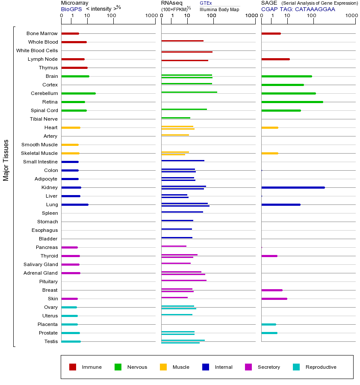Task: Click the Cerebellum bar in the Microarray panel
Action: pyautogui.click(x=78, y=93)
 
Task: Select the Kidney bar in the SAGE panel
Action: pyautogui.click(x=293, y=187)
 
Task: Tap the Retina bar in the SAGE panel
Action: pyautogui.click(x=292, y=102)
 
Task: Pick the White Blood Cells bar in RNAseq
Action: pyautogui.click(x=187, y=52)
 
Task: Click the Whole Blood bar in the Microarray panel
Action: pyautogui.click(x=74, y=42)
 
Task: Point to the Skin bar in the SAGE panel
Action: pyautogui.click(x=274, y=299)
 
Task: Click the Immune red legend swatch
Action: pyautogui.click(x=73, y=367)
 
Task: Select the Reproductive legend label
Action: pyautogui.click(x=321, y=367)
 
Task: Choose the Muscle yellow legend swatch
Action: pyautogui.click(x=163, y=367)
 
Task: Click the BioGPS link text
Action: pyautogui.click(x=71, y=9)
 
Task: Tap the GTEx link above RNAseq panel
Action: pyautogui.click(x=206, y=3)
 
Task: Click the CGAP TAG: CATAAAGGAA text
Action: pyautogui.click(x=298, y=9)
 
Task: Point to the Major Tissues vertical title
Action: pyautogui.click(x=6, y=160)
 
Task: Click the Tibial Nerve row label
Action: pyautogui.click(x=44, y=119)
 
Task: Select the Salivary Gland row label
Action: pyautogui.click(x=41, y=264)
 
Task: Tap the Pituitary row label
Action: pyautogui.click(x=48, y=281)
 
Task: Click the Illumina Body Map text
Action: pyautogui.click(x=219, y=9)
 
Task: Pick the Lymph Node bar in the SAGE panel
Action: pyautogui.click(x=275, y=59)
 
